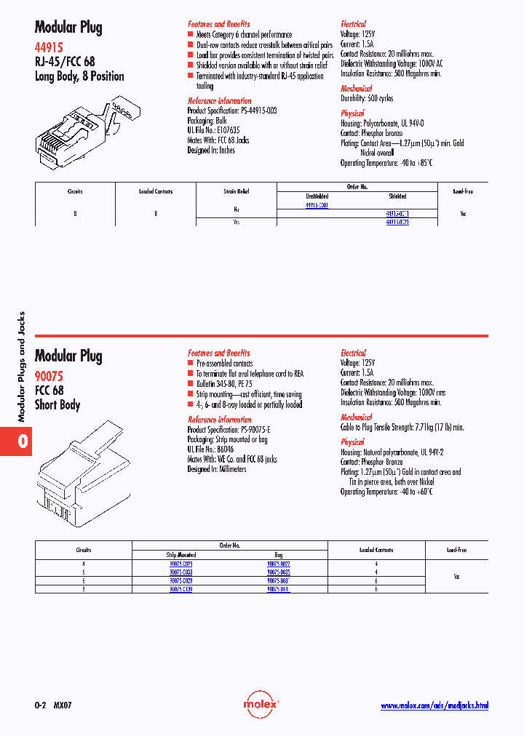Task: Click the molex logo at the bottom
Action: (x=261, y=705)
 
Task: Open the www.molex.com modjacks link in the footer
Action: (x=434, y=705)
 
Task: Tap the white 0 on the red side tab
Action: (x=23, y=441)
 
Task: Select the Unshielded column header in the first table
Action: (x=317, y=196)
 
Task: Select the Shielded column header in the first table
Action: (x=397, y=196)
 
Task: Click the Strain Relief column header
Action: (x=236, y=191)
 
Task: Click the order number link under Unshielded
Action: (x=317, y=205)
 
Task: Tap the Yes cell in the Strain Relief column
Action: (x=236, y=223)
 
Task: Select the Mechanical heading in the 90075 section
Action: (x=357, y=417)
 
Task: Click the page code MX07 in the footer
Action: (x=64, y=705)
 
